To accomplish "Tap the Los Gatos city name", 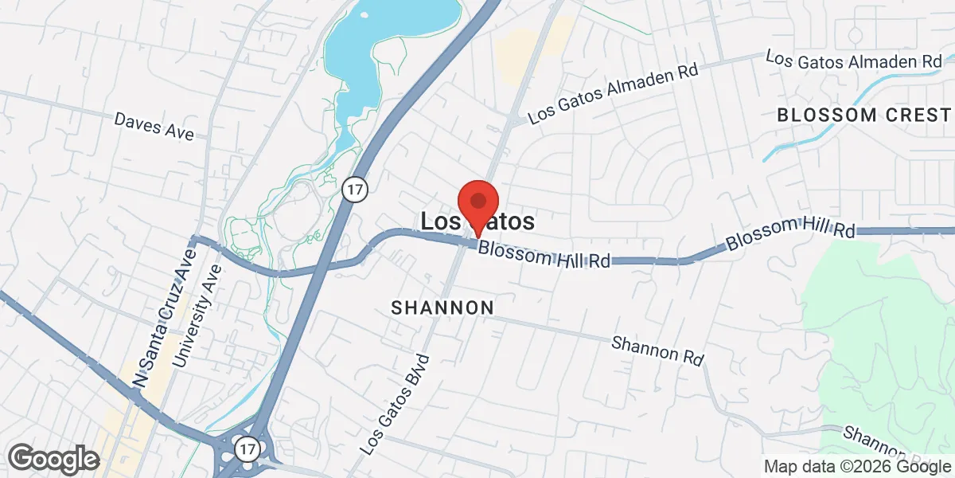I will click(477, 221).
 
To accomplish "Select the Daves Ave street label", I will click(154, 127).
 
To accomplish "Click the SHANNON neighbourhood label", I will click(442, 308).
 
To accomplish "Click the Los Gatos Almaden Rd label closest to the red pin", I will click(613, 93).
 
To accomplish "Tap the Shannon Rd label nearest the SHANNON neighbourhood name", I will click(657, 350).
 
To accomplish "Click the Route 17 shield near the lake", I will click(353, 189).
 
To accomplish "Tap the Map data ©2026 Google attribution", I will click(857, 466).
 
